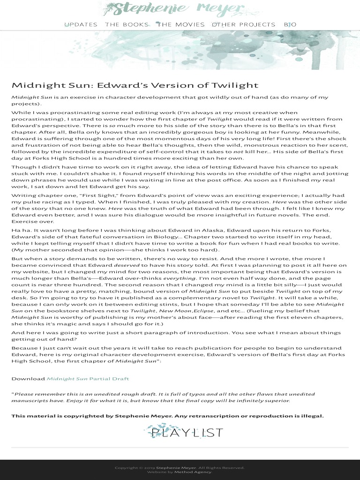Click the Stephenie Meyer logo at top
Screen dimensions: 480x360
tap(180, 8)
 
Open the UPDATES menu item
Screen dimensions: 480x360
tap(81, 24)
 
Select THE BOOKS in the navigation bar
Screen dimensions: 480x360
tap(127, 24)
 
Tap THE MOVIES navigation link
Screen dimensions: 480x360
tap(181, 24)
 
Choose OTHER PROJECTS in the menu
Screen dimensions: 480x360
tap(244, 24)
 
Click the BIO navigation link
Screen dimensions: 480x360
tap(290, 24)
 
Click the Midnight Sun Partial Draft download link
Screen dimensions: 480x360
tap(88, 378)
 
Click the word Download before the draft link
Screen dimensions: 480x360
tap(28, 378)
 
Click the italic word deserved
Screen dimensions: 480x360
tap(127, 265)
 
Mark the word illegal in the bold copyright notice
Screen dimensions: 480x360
tap(312, 416)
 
